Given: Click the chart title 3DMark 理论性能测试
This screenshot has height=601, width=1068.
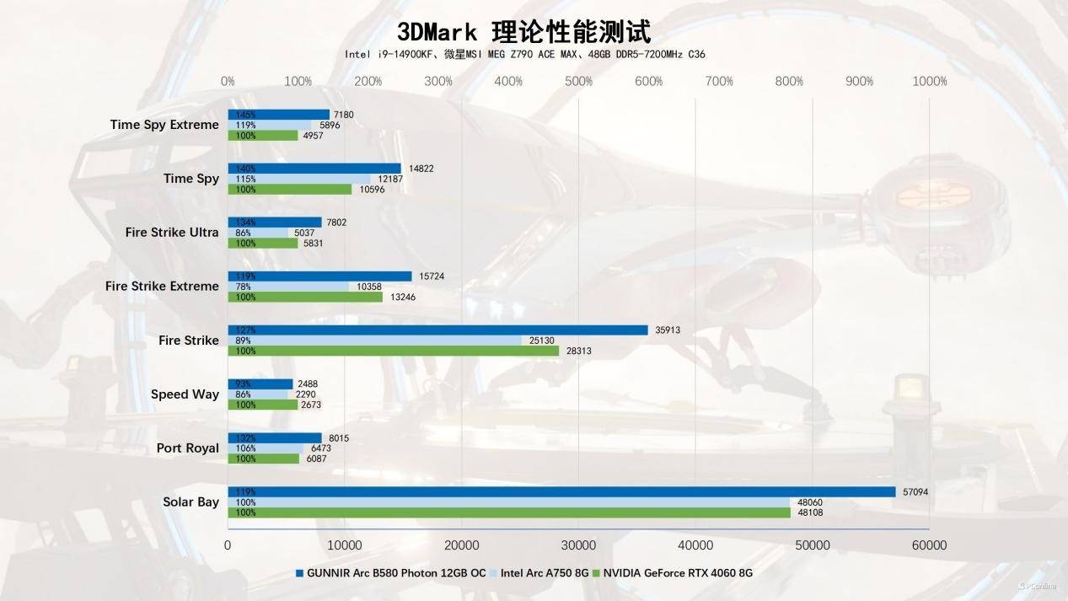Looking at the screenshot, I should [523, 32].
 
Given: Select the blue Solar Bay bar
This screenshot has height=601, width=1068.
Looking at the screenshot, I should [561, 491].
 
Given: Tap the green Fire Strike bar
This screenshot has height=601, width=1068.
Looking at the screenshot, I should [393, 351].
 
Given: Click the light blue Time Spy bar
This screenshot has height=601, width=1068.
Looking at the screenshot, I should [299, 179].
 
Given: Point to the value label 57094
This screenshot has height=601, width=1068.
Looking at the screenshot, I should [915, 491].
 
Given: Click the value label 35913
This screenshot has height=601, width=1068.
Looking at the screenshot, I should [668, 330].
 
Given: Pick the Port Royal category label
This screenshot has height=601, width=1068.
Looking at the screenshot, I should [187, 448].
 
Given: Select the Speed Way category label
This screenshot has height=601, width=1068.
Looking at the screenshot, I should [185, 394].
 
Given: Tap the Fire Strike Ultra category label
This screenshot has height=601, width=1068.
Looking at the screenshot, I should [172, 233].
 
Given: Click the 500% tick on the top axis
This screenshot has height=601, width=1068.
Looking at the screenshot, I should [578, 82].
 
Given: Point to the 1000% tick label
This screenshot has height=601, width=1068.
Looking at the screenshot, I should [930, 82].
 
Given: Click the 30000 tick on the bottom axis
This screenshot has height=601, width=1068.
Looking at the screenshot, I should [578, 545].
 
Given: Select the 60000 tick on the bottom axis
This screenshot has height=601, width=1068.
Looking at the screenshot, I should [930, 545].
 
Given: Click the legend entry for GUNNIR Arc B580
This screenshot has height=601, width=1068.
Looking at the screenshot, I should [390, 573].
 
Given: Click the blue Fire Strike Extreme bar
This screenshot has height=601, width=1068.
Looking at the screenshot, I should [319, 276].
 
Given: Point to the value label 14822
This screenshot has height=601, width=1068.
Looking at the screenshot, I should [421, 169].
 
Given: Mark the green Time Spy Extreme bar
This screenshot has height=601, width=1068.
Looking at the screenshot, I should [263, 135].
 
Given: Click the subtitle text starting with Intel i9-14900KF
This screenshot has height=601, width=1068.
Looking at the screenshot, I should [524, 54].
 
